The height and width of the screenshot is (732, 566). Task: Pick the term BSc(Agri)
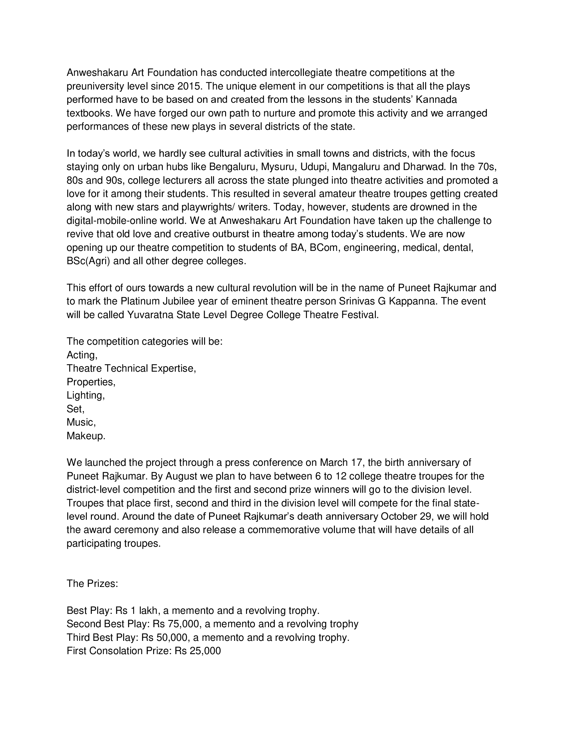[88, 261]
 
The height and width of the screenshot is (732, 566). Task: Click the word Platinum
[141, 301]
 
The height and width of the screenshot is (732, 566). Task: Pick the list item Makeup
[86, 436]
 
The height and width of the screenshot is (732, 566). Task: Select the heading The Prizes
[92, 584]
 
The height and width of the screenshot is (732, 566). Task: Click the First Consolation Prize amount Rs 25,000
[198, 651]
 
